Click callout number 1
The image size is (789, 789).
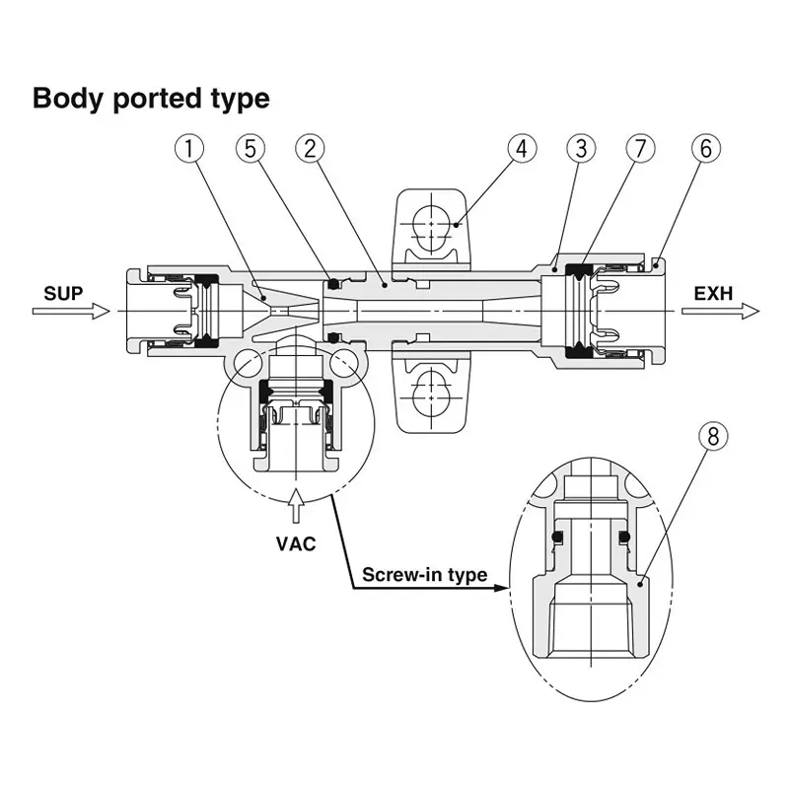190,150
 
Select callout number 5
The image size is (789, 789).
251,150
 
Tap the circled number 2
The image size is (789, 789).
310,150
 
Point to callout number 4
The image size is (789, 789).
523,150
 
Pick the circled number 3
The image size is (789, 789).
582,150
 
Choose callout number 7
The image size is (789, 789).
640,150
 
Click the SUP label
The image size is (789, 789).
64,293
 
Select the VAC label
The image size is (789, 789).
296,543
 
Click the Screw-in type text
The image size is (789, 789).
425,575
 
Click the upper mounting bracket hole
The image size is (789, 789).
430,223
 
